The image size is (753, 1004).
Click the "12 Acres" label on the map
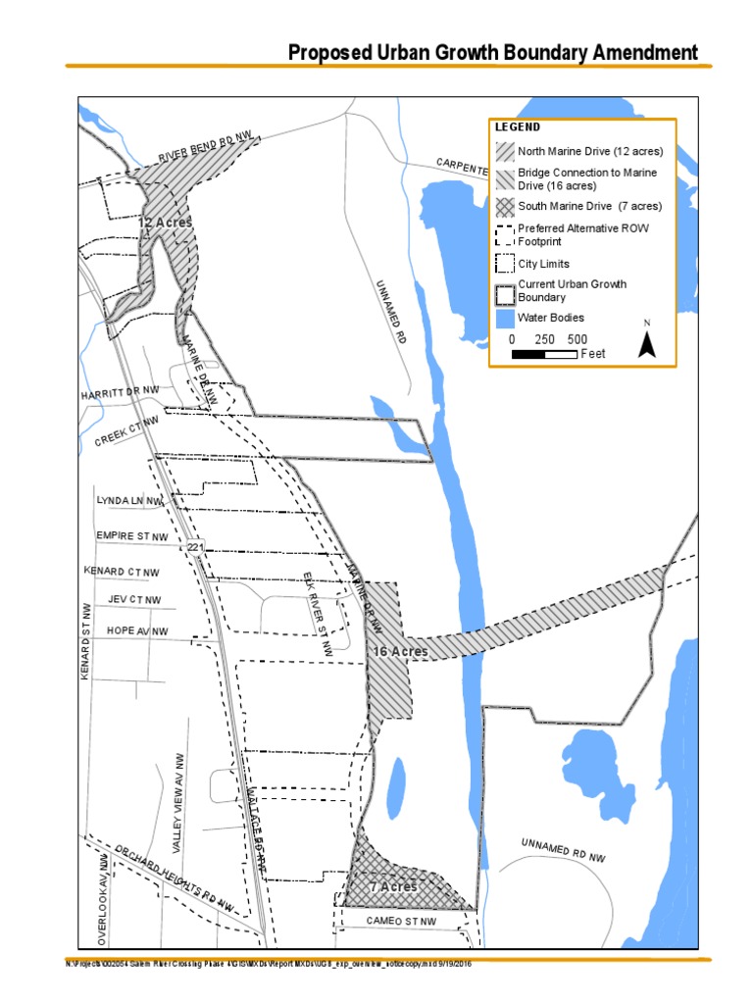coord(164,223)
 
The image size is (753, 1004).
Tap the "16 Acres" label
coord(400,651)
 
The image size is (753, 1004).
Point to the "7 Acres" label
coord(392,886)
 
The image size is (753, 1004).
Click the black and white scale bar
coord(544,354)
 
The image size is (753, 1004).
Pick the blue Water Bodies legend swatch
coord(505,319)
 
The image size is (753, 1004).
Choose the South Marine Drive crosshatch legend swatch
coord(505,207)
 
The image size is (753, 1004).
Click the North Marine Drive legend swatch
coord(505,152)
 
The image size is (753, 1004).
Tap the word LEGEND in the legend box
coord(518,127)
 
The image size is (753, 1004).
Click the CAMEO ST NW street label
coord(401,922)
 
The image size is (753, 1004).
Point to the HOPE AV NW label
coord(137,631)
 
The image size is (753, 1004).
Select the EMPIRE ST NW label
coord(132,537)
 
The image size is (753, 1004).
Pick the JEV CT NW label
coord(135,600)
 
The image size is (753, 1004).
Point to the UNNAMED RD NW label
coord(563,850)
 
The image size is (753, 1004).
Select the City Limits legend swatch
coord(505,264)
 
